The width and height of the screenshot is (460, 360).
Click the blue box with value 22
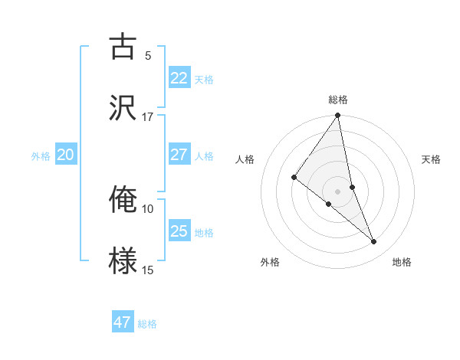[x=179, y=78]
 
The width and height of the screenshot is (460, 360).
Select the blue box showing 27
[x=179, y=155]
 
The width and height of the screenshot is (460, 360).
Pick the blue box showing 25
[x=179, y=231]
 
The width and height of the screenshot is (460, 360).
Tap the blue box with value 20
[x=65, y=155]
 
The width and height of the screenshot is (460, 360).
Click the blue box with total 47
[x=122, y=322]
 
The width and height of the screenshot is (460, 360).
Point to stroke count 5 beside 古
[x=148, y=55]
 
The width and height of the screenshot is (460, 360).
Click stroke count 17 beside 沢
[x=147, y=117]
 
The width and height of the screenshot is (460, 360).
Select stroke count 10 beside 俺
[x=147, y=208]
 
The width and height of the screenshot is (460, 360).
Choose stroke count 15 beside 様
[x=147, y=270]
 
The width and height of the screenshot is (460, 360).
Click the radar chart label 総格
[x=338, y=100]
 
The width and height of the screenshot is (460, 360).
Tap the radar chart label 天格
[x=432, y=159]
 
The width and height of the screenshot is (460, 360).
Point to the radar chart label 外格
[x=270, y=262]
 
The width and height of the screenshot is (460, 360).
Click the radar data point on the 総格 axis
[x=338, y=116]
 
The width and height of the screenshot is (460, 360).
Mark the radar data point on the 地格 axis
[x=374, y=242]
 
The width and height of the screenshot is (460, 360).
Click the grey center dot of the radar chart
[x=338, y=191]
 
